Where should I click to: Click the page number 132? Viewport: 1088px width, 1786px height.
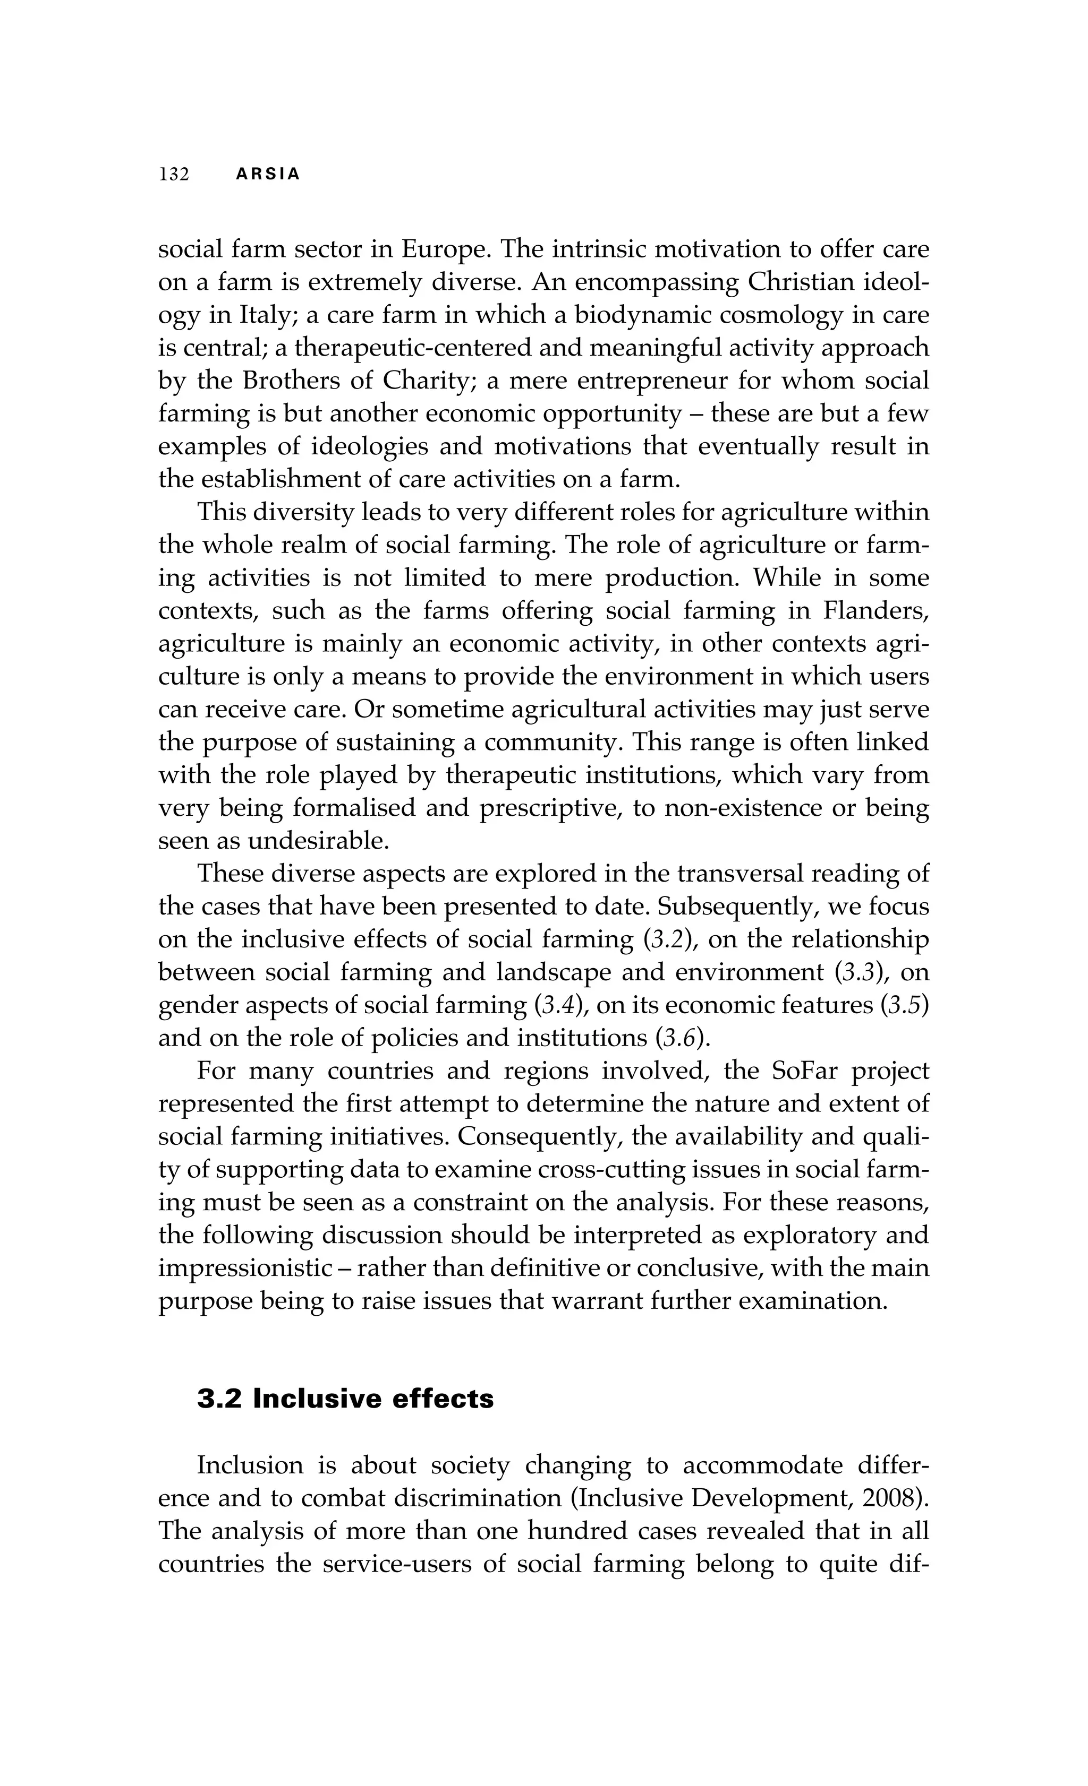click(174, 175)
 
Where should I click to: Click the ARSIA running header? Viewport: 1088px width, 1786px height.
click(268, 175)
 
